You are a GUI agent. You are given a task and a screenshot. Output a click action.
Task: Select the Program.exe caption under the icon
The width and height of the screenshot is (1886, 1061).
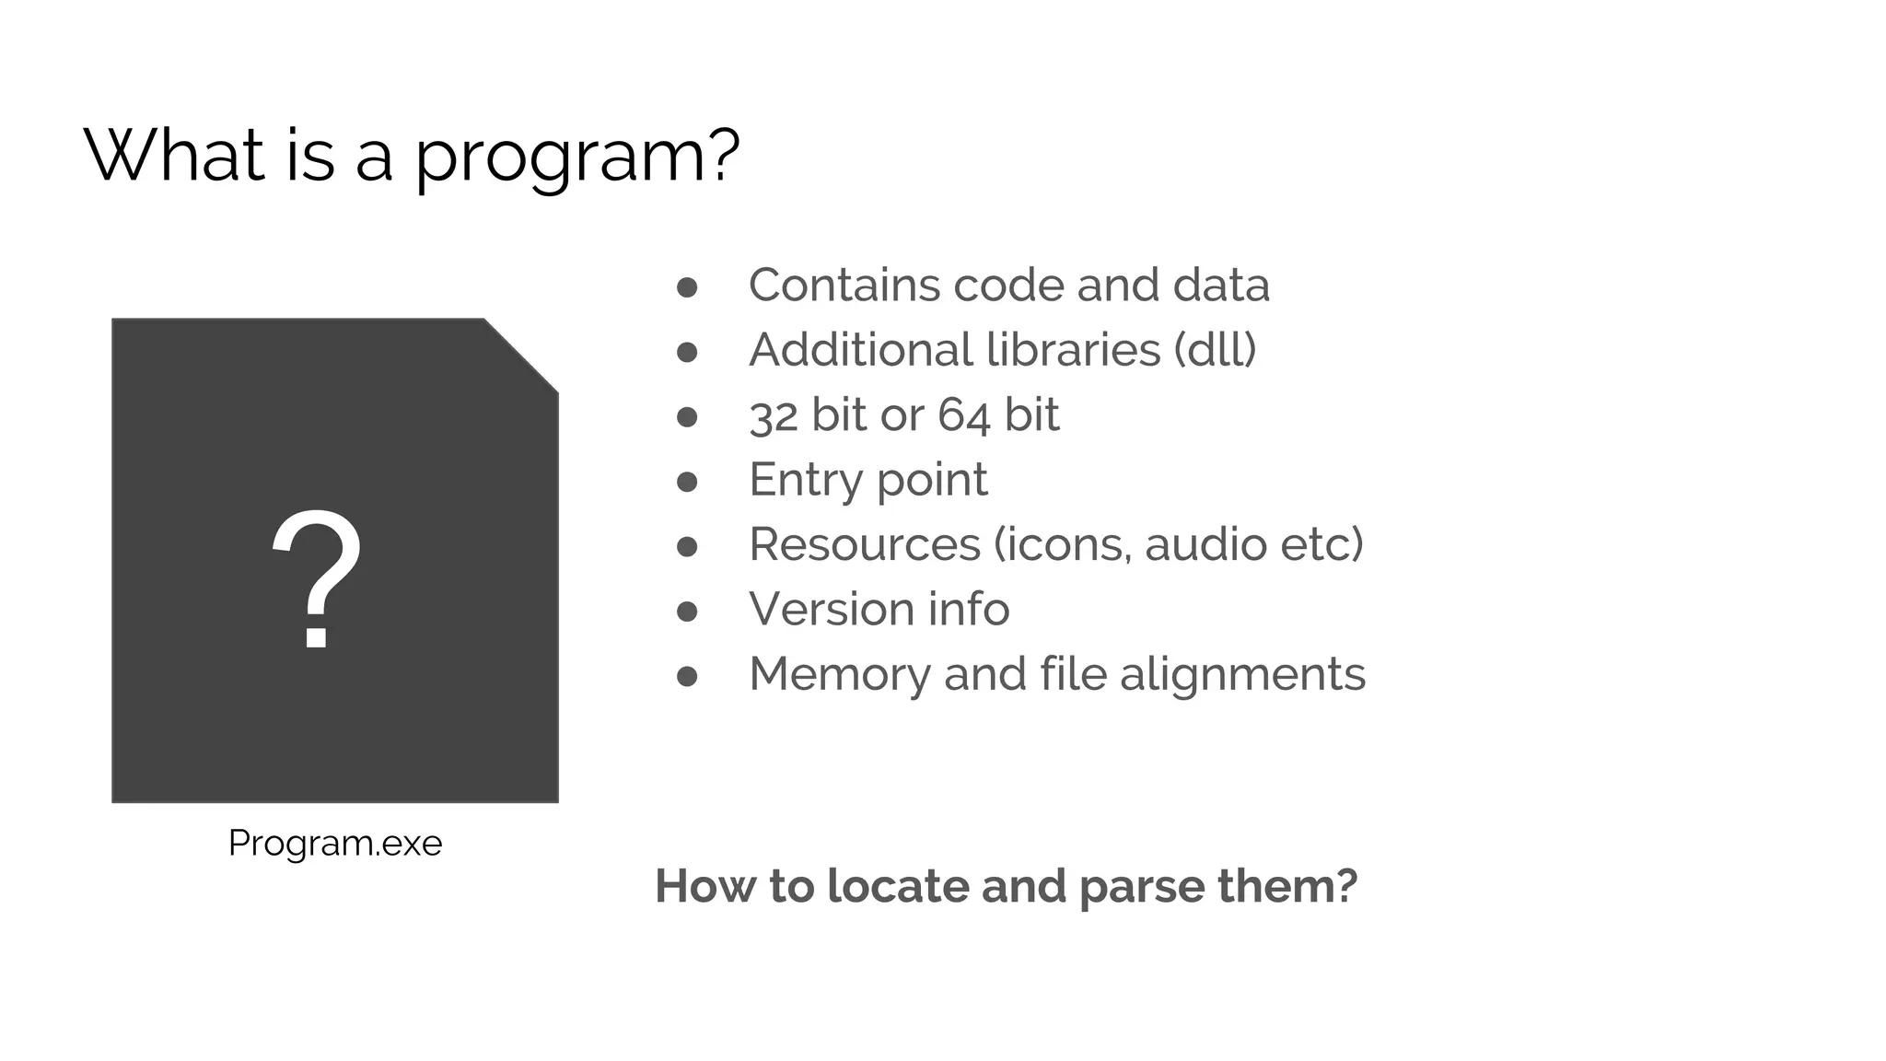(x=335, y=844)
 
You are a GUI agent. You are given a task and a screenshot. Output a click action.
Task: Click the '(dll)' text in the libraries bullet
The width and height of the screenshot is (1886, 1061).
(x=1215, y=350)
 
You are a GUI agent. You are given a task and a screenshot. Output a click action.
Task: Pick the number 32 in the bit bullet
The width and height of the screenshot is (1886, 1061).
(x=773, y=415)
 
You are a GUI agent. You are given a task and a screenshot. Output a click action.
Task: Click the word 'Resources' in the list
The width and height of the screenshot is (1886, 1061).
(x=865, y=544)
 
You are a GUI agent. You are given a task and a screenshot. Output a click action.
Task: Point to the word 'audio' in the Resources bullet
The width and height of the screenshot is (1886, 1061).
(x=1193, y=544)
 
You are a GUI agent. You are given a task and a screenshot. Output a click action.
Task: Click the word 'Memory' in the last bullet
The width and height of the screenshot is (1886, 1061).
(x=839, y=674)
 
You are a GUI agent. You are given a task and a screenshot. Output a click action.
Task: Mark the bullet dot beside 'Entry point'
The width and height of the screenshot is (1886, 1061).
(x=687, y=482)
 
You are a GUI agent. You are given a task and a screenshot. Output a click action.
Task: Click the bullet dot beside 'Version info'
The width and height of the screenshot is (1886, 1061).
(x=687, y=612)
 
